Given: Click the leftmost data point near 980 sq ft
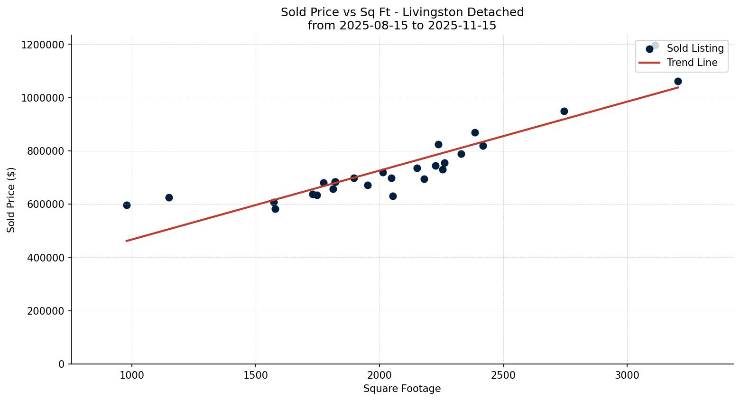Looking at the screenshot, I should pyautogui.click(x=127, y=205).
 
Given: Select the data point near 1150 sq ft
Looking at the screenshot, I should pyautogui.click(x=169, y=197).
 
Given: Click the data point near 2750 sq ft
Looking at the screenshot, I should pyautogui.click(x=564, y=111).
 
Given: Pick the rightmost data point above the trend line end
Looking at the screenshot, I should pyautogui.click(x=678, y=81).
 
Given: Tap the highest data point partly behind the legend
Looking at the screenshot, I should pyautogui.click(x=655, y=46).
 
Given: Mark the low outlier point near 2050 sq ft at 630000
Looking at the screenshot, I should pyautogui.click(x=393, y=196).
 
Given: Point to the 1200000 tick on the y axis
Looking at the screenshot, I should pyautogui.click(x=43, y=45).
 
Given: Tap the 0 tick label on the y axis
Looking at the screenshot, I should pyautogui.click(x=61, y=364).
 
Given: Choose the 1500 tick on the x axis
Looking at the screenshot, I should pyautogui.click(x=256, y=375).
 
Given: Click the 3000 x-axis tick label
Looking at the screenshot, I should pyautogui.click(x=627, y=375).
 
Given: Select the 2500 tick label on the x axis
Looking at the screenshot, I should pyautogui.click(x=503, y=375).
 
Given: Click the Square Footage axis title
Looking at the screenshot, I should pyautogui.click(x=402, y=389).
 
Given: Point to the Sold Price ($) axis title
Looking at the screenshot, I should pyautogui.click(x=11, y=199).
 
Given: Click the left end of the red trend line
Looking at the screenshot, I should pyautogui.click(x=127, y=241).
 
